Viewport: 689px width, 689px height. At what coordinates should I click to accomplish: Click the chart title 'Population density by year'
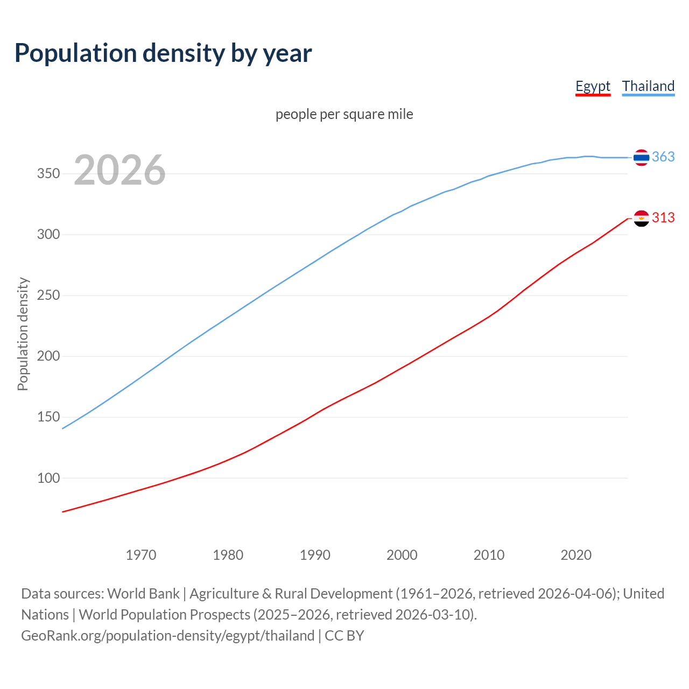pos(163,53)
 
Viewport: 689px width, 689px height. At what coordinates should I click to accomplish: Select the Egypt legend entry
pos(593,86)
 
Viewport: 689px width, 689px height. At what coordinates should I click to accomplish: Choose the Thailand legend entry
pos(648,86)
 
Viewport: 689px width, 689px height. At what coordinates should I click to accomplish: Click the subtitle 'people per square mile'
pos(344,114)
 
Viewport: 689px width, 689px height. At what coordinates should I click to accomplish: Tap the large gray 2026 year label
pos(119,170)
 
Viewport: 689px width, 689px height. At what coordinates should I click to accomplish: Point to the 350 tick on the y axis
pos(48,174)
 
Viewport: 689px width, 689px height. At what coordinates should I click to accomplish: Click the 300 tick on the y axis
pos(48,235)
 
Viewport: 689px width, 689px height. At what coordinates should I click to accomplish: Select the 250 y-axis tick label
pos(48,296)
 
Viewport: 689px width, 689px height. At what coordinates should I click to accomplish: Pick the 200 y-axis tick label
pos(48,356)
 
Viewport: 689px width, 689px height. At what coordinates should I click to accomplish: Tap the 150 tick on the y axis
pos(48,417)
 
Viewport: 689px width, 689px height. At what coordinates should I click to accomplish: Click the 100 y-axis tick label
pos(48,478)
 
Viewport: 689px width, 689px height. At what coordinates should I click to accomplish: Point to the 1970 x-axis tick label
pos(141,555)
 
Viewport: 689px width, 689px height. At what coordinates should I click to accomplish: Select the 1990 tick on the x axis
pos(315,555)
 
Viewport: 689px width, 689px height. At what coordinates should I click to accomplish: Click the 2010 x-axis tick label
pos(489,555)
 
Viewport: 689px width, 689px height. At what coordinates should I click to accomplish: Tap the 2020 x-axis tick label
pos(576,555)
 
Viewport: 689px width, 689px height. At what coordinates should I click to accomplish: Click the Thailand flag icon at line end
pos(641,157)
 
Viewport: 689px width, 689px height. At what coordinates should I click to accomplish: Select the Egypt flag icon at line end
pos(641,218)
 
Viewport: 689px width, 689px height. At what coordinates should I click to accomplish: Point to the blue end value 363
pos(663,157)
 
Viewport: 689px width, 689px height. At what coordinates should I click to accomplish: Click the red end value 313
pos(663,217)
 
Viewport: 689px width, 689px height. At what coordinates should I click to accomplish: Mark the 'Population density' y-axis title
pos(23,334)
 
